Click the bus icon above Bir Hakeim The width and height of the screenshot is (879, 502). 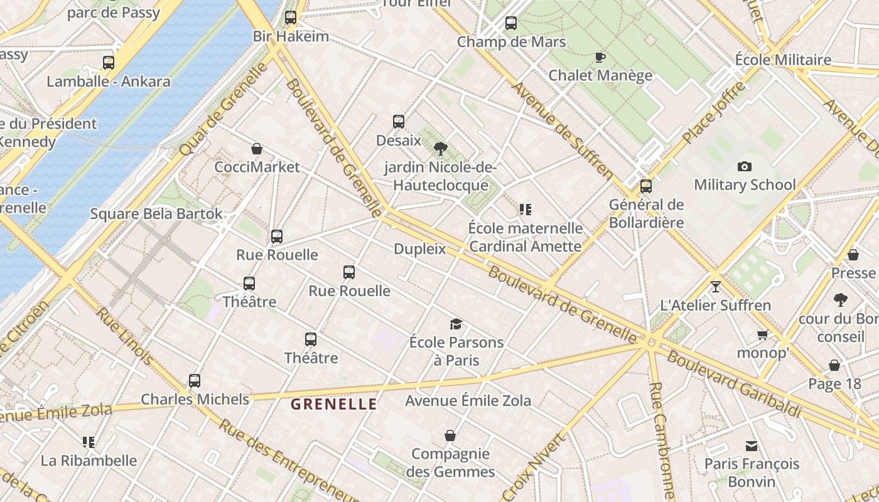290,18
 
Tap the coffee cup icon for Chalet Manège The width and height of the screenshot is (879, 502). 600,58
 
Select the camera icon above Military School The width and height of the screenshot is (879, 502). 745,166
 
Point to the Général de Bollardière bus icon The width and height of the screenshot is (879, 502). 645,186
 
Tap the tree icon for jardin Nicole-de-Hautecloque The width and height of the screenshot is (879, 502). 440,149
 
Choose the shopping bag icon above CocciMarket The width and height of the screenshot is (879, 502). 257,149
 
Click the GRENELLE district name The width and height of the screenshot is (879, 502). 334,404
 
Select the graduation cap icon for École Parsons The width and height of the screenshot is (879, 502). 456,324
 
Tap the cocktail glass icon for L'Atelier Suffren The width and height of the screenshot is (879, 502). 715,287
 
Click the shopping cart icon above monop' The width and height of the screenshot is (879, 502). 762,334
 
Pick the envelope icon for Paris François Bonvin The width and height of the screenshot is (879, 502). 752,446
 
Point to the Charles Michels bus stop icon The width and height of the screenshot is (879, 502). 195,380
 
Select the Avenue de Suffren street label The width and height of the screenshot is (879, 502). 563,130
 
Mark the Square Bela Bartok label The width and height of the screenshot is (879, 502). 156,214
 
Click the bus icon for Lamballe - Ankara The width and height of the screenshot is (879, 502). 109,63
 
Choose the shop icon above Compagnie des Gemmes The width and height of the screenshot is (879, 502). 450,435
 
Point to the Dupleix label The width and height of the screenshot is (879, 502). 419,249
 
